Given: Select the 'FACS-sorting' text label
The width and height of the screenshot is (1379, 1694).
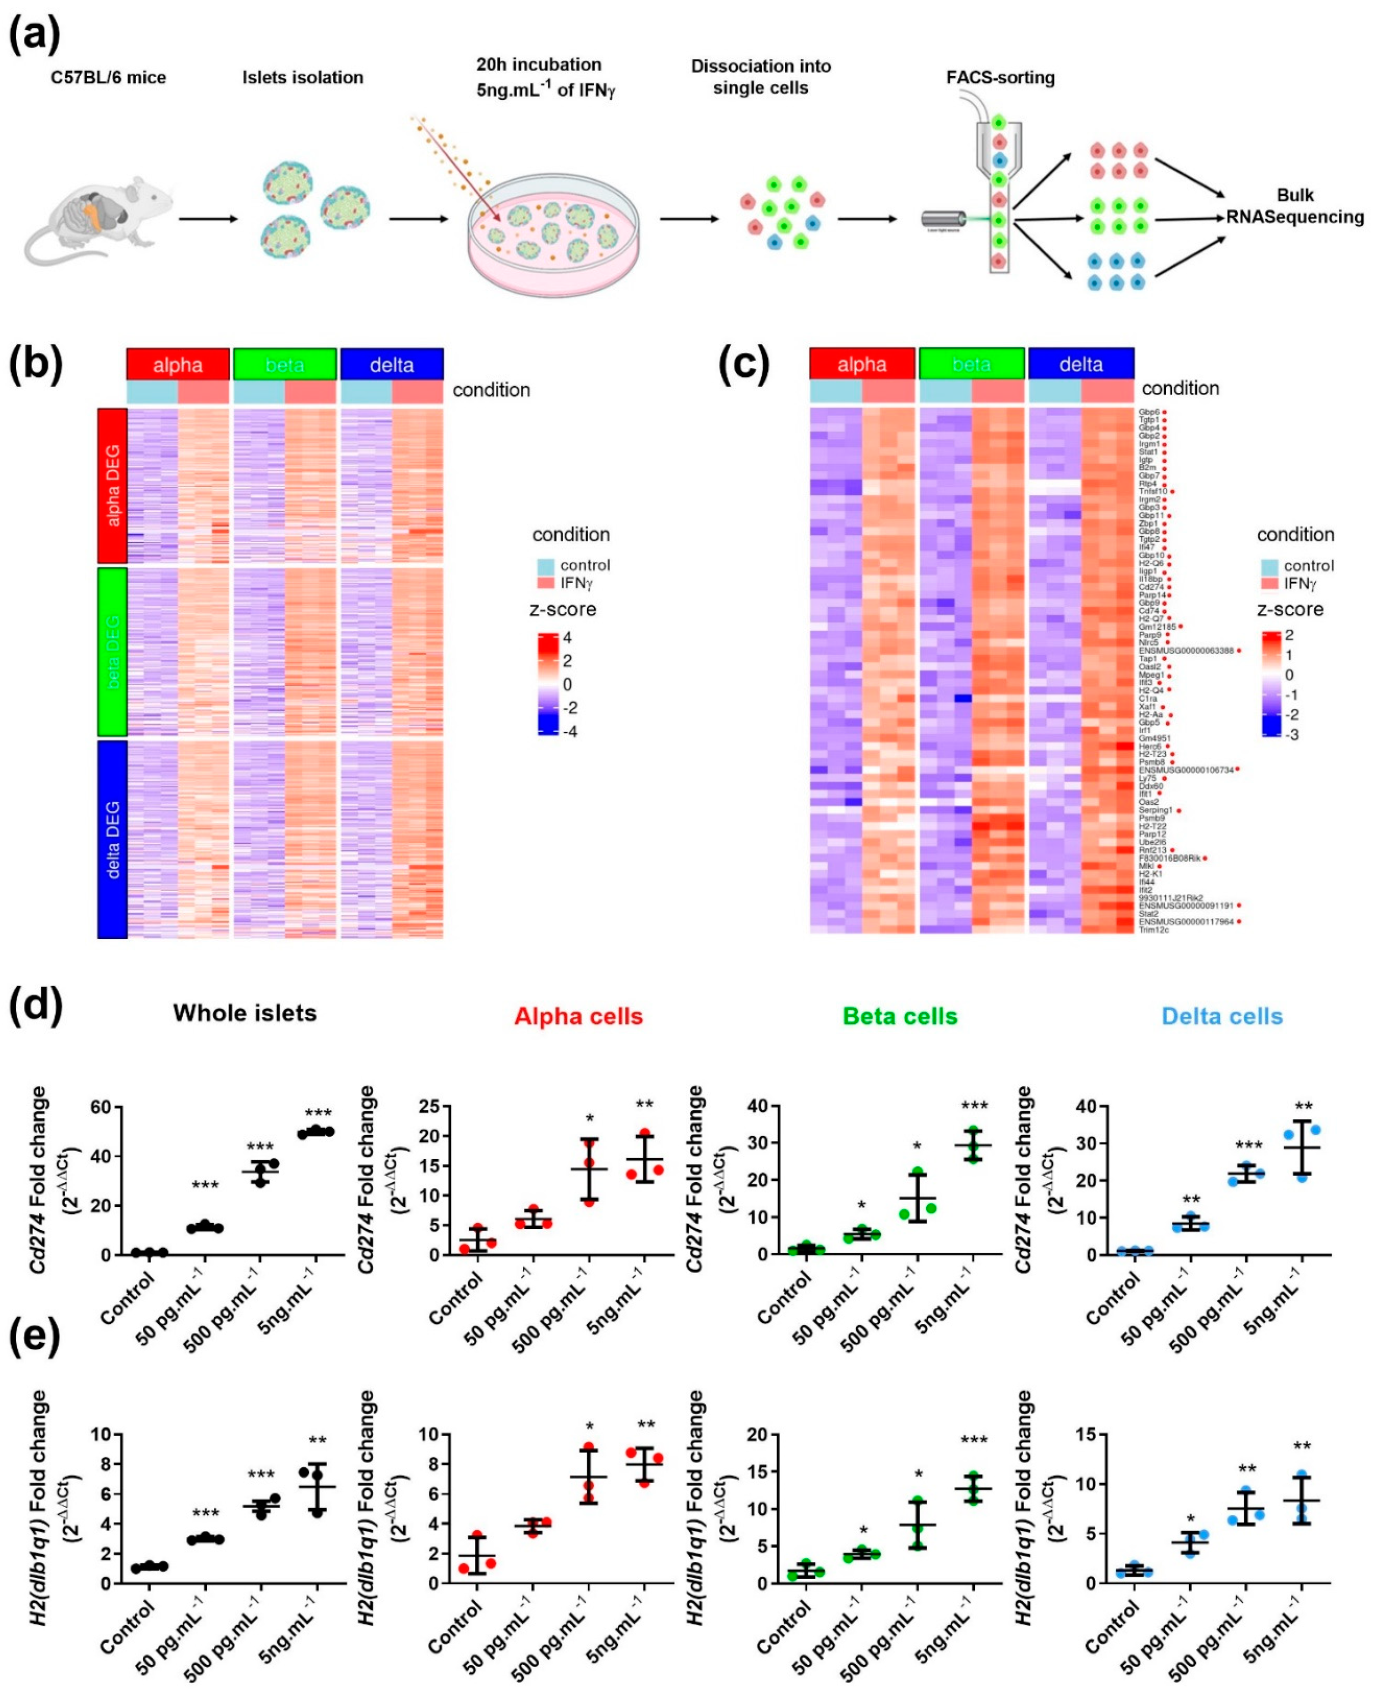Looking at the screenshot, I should (1000, 78).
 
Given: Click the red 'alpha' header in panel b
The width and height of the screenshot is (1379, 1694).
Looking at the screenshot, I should (178, 365).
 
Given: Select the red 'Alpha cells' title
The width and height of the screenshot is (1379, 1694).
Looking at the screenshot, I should (578, 1017).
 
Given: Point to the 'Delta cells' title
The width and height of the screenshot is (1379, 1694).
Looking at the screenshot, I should (1222, 1017).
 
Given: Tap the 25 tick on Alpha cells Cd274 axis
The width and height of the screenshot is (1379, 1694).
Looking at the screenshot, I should (437, 1106).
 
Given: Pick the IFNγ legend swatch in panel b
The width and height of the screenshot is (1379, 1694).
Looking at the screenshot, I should (546, 583).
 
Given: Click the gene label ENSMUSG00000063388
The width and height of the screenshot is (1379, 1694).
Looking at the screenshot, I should (1186, 650).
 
